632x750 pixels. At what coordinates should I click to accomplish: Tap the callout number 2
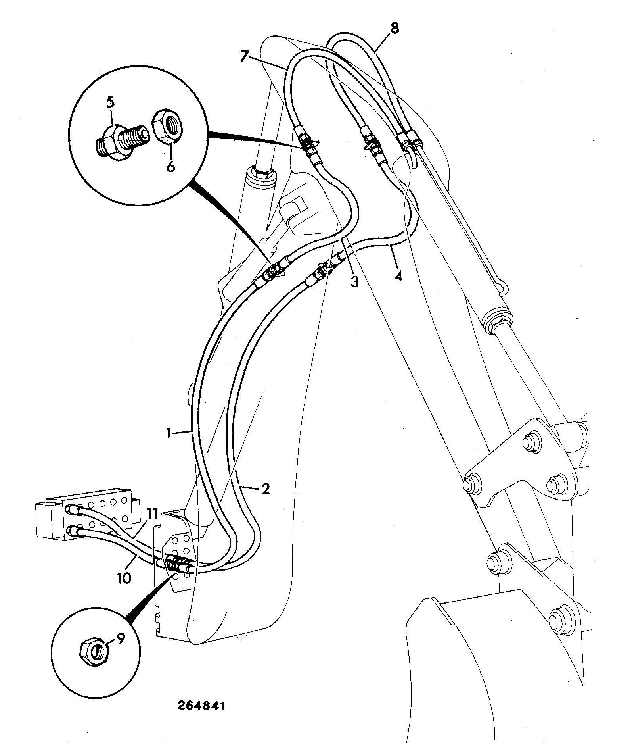(x=265, y=488)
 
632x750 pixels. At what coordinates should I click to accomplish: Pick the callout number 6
(x=170, y=167)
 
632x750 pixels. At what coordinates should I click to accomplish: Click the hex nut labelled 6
(x=168, y=125)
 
